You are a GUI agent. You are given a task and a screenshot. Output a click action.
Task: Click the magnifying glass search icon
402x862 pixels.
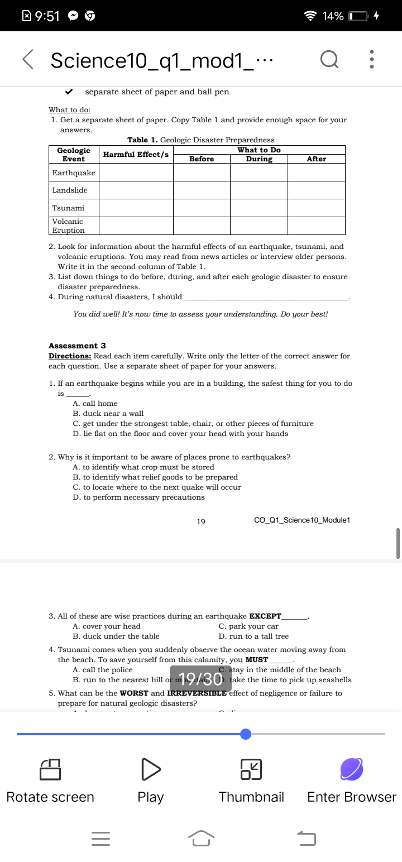[329, 60]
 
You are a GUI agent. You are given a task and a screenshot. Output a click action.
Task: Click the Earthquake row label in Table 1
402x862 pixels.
[74, 173]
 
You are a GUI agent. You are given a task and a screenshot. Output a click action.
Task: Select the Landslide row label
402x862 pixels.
[70, 190]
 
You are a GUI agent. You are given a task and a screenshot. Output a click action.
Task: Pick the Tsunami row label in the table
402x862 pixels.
[68, 208]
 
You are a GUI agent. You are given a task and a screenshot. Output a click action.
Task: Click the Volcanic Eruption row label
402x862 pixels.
[69, 226]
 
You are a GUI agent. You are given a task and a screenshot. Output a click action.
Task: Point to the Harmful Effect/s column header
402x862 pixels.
[136, 154]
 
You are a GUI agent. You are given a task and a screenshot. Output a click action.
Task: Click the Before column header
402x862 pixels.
[202, 159]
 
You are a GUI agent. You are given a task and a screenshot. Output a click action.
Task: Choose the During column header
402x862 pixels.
[259, 159]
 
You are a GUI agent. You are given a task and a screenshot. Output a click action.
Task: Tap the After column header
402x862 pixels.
[316, 159]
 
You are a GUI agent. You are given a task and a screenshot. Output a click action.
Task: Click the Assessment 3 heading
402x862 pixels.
[77, 346]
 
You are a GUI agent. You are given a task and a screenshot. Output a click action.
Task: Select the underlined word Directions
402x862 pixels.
[70, 356]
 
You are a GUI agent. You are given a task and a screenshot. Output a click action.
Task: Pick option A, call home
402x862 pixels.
[95, 403]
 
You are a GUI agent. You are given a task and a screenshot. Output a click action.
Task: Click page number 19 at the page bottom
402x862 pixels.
[201, 521]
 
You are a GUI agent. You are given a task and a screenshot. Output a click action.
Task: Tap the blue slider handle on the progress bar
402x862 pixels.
[246, 734]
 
